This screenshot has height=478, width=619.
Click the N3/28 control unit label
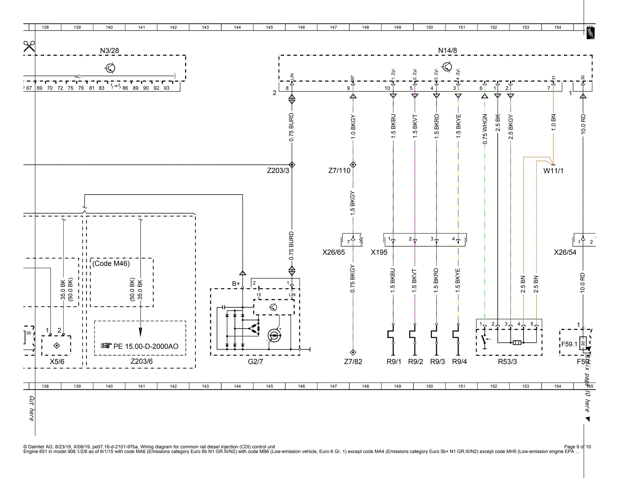tap(109, 51)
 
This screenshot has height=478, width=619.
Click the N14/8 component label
tap(447, 51)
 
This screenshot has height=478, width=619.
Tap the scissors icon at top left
tap(29, 47)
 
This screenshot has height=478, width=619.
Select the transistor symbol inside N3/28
tap(110, 68)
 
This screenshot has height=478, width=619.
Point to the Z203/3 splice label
tap(278, 171)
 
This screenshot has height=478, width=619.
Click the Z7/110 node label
tap(339, 171)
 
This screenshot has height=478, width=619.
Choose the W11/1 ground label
tap(553, 171)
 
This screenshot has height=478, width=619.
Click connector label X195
tap(379, 252)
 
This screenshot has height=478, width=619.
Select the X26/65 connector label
tap(333, 252)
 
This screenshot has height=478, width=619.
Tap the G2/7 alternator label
tap(255, 362)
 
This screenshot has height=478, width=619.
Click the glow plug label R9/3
tap(437, 362)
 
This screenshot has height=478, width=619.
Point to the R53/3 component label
tap(507, 362)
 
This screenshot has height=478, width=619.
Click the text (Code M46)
tap(111, 263)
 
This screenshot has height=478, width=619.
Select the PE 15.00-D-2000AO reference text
tap(146, 346)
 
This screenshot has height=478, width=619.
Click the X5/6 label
tap(57, 362)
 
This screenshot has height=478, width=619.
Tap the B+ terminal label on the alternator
tap(236, 284)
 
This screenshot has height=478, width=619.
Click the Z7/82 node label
tap(353, 362)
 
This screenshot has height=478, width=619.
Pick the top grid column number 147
tap(333, 27)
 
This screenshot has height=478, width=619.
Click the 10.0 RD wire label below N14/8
tap(583, 124)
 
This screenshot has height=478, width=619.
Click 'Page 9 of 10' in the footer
tap(577, 447)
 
